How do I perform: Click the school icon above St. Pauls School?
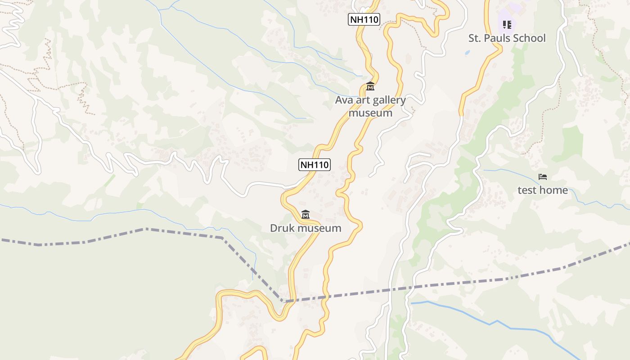click(507, 24)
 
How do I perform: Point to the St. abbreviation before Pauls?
click(475, 38)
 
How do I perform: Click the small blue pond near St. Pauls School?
click(467, 52)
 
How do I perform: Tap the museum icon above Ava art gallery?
click(370, 86)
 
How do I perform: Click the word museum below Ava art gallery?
click(370, 112)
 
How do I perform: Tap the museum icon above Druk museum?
click(306, 214)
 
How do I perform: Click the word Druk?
click(281, 228)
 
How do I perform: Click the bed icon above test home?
click(543, 177)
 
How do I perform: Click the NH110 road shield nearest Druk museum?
click(315, 165)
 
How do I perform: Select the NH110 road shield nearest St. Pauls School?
click(364, 19)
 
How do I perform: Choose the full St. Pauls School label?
click(507, 38)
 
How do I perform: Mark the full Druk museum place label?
click(306, 228)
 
